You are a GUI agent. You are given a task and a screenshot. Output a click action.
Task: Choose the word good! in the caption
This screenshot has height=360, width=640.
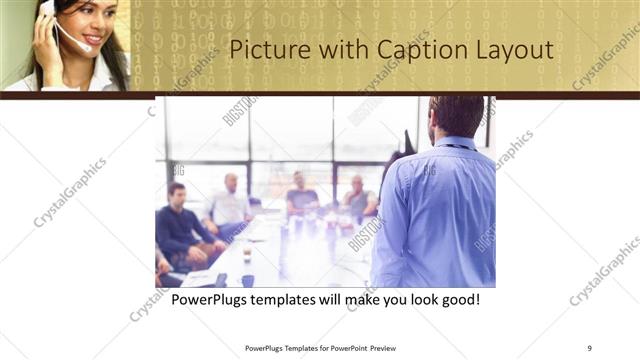[460, 299]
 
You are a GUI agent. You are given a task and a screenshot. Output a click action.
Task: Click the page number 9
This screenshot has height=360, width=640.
[590, 348]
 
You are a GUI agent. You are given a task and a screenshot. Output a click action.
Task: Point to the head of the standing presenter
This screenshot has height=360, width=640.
[458, 115]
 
